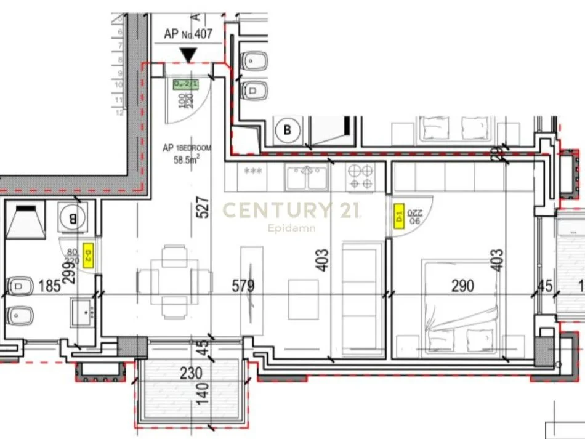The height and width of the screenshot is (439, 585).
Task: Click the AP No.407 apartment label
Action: tap(188, 34)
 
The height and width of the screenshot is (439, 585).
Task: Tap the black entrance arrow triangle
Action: tap(188, 55)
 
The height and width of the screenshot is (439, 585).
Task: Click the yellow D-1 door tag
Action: tap(399, 215)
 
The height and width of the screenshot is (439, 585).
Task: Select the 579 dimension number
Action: tap(243, 286)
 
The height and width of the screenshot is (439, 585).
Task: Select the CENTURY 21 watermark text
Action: tap(291, 211)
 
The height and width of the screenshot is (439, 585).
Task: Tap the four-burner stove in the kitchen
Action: tap(361, 177)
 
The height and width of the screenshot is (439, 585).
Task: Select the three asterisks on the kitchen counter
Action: tap(253, 171)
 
